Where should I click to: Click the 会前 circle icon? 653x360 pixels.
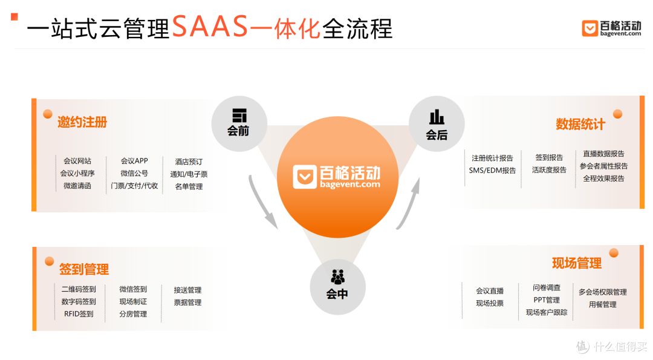point(239,124)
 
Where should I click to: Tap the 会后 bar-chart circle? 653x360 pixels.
point(437,124)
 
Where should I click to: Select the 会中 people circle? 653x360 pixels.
point(338,287)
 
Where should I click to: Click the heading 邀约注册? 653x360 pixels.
point(82,122)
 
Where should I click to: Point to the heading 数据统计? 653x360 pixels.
point(580,124)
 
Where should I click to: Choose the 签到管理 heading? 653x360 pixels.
point(84,269)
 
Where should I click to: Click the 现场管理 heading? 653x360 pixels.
point(577,263)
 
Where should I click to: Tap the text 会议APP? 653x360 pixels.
point(134,161)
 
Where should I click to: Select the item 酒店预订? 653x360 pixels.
point(189,162)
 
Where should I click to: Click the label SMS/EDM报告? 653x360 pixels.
point(492,171)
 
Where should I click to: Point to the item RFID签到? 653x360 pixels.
point(79,314)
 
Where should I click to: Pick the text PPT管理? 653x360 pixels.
point(547,300)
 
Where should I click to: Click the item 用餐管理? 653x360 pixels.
point(603,304)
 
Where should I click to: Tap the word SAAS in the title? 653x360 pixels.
point(210,27)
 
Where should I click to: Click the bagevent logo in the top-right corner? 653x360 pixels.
point(611,28)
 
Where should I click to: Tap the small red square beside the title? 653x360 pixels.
point(15,17)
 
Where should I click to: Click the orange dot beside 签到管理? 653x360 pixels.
point(50,261)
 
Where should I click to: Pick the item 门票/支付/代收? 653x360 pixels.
point(134,186)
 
